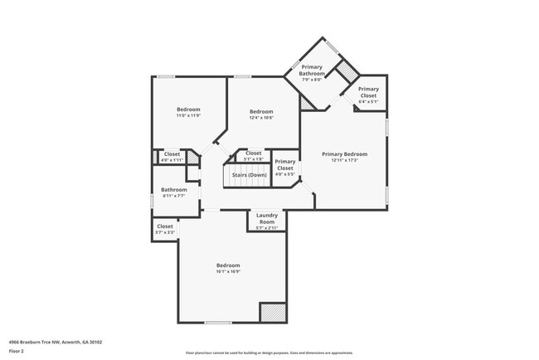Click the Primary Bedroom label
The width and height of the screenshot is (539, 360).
pyautogui.click(x=344, y=154)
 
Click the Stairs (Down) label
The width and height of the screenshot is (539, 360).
pyautogui.click(x=250, y=175)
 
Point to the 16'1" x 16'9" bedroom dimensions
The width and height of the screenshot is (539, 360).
pyautogui.click(x=228, y=271)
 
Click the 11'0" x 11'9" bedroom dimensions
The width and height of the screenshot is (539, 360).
pyautogui.click(x=188, y=116)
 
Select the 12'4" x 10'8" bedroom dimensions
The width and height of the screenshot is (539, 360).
pyautogui.click(x=261, y=118)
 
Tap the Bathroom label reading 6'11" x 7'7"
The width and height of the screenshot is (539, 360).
pyautogui.click(x=173, y=196)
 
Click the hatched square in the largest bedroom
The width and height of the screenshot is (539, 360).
pyautogui.click(x=273, y=313)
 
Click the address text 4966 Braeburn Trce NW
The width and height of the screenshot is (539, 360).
pyautogui.click(x=51, y=340)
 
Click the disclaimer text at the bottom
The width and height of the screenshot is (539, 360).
pyautogui.click(x=269, y=352)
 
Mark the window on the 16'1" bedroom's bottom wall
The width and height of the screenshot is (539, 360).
pyautogui.click(x=218, y=323)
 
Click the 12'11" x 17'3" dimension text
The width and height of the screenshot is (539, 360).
pyautogui.click(x=344, y=160)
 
